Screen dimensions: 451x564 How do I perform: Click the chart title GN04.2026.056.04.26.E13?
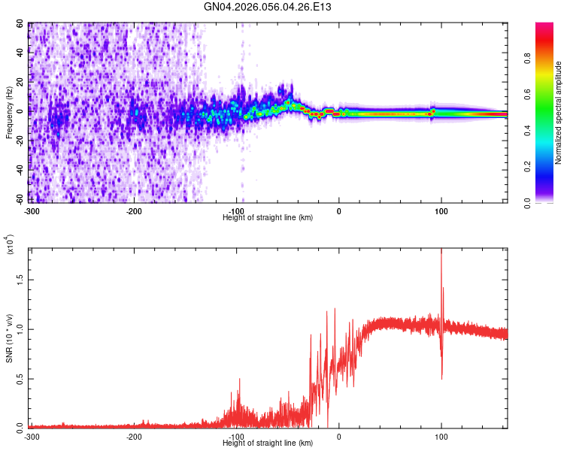[268, 8]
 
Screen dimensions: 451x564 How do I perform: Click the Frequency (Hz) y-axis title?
[10, 112]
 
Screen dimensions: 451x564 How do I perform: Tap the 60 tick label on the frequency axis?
[22, 24]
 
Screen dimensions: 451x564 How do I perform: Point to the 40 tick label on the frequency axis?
[22, 53]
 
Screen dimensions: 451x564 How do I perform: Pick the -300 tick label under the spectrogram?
[31, 210]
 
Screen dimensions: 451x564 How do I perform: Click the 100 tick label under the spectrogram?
[441, 210]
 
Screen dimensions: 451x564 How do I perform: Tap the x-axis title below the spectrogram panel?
[268, 218]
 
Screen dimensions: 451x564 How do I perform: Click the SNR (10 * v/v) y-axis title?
[10, 338]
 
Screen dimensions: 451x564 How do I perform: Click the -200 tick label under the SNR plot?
[134, 436]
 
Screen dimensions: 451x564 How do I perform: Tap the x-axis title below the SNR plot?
[268, 443]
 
